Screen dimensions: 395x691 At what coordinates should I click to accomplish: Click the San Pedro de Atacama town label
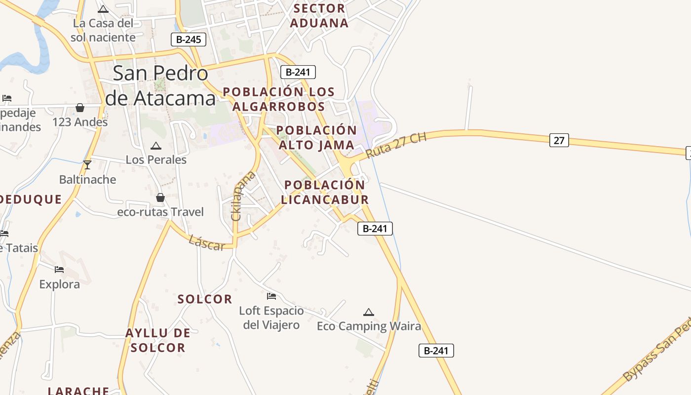[x=160, y=86]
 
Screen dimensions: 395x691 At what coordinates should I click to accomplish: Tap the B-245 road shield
[x=189, y=39]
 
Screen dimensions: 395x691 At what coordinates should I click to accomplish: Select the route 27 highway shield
[x=559, y=140]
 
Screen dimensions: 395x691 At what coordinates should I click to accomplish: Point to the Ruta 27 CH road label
[x=396, y=145]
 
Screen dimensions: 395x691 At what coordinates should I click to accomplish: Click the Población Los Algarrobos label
[x=279, y=99]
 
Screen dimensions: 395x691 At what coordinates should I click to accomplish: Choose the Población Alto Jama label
[x=316, y=138]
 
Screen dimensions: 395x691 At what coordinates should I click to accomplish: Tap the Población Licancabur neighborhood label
[x=325, y=192]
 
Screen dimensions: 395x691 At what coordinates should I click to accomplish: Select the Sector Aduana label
[x=319, y=15]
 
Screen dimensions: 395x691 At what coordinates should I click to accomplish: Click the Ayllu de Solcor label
[x=158, y=340]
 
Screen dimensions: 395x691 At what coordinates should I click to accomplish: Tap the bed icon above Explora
[x=59, y=269]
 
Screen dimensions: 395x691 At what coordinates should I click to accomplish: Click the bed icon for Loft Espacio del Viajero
[x=271, y=296]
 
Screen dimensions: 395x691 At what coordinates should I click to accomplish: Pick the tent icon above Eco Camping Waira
[x=368, y=312]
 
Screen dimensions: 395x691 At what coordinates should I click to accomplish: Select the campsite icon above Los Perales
[x=156, y=146]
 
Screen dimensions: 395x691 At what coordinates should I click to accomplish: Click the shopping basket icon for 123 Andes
[x=80, y=108]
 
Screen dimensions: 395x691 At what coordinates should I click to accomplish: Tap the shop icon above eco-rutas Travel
[x=160, y=197]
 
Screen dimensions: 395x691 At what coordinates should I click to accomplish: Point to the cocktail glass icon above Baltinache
[x=87, y=165]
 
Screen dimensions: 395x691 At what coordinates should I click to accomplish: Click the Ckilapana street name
[x=243, y=196]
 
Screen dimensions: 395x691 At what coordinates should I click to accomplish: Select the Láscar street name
[x=207, y=242]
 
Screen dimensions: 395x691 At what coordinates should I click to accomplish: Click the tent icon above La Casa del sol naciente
[x=103, y=9]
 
